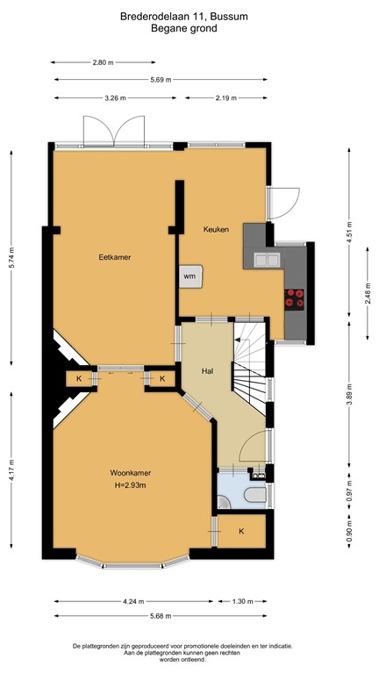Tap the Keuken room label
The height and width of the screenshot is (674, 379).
pos(216,229)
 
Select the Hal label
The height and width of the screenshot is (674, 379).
pos(207,371)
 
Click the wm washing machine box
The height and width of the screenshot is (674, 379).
pos(190,276)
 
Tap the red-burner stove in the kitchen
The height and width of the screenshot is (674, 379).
pos(296,298)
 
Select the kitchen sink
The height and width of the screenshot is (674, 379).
pos(266,259)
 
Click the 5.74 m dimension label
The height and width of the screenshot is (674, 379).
pos(12,256)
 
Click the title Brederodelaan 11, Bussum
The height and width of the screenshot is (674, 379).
pos(189,16)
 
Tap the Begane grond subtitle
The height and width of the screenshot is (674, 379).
pos(189,28)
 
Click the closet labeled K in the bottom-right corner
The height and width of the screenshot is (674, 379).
pos(241,532)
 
